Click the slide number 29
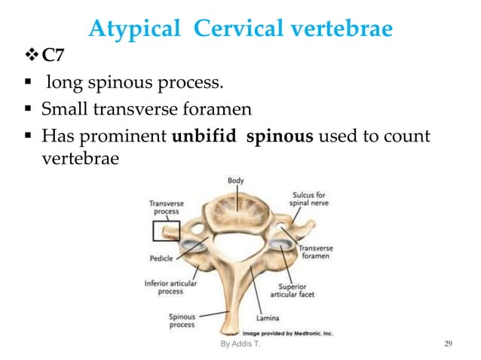pos(449,345)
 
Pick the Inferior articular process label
pos(170,287)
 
